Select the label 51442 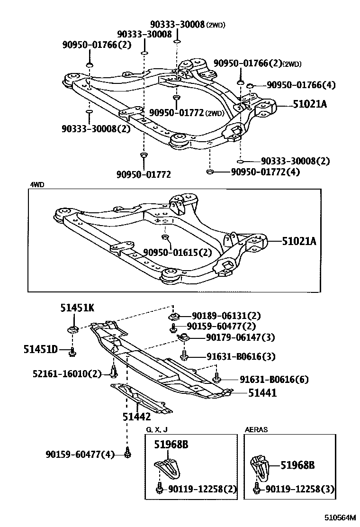point(137,417)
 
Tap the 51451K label point(77,309)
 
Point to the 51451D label point(41,350)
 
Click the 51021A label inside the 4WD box point(299,241)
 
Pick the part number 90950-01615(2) point(178,253)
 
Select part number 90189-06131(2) point(226,316)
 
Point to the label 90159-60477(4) point(81,454)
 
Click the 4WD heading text point(37,185)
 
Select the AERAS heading point(256,429)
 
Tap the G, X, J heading point(156,429)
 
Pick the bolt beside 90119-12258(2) point(160,488)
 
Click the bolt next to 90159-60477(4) point(127,454)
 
